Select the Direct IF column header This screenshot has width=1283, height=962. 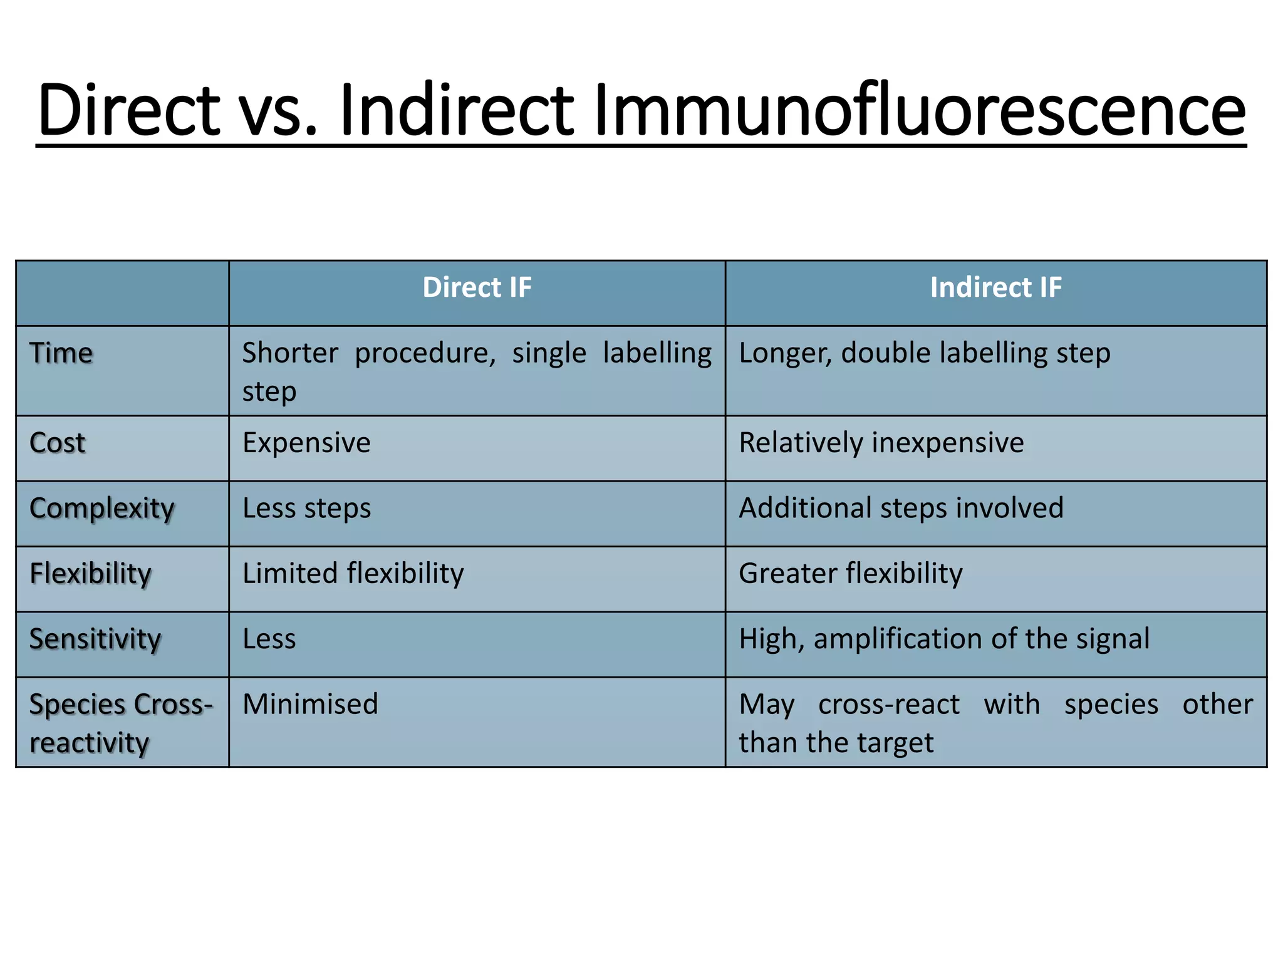click(x=477, y=288)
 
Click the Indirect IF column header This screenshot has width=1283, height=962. click(x=995, y=288)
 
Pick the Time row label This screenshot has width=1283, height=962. click(x=61, y=353)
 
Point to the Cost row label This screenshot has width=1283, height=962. click(x=58, y=443)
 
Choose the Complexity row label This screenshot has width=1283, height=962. click(x=102, y=509)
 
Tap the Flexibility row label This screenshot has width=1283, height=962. click(x=91, y=574)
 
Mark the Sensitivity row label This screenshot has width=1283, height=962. click(x=95, y=639)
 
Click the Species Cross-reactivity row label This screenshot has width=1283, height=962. click(x=120, y=723)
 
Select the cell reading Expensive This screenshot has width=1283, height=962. click(x=306, y=443)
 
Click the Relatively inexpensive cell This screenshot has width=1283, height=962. click(x=881, y=443)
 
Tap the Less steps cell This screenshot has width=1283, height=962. click(x=306, y=509)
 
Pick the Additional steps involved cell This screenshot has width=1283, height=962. click(x=901, y=509)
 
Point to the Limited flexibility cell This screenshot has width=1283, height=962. click(x=353, y=574)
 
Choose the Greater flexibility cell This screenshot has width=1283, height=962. click(x=850, y=574)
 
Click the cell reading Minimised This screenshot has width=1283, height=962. click(x=310, y=705)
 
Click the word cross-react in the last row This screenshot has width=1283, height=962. click(x=888, y=705)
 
